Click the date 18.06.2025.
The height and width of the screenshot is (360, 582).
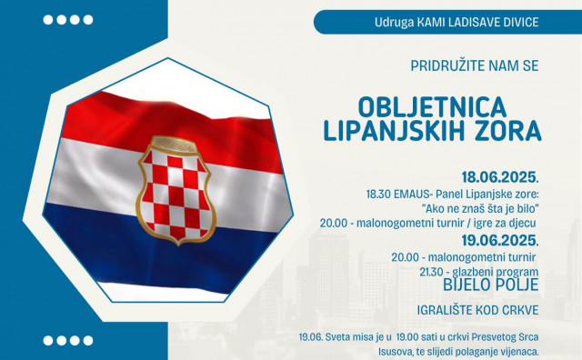point(500,176)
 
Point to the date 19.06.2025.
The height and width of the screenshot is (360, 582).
point(500,241)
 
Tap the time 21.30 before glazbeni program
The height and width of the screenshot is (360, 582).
point(430,272)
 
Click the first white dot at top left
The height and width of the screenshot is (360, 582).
point(49,19)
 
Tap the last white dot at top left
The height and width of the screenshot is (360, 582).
point(87,19)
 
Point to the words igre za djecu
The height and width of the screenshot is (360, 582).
point(507,223)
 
